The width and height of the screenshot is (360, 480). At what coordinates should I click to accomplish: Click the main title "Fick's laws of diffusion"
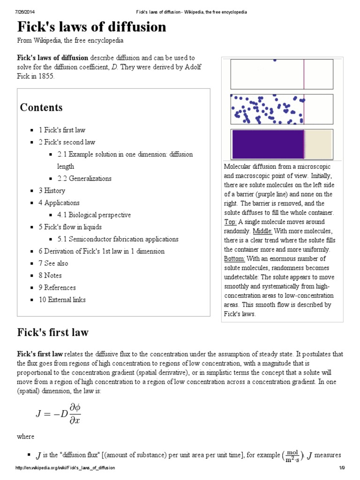[92, 27]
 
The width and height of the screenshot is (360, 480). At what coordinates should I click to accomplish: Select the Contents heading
[41, 107]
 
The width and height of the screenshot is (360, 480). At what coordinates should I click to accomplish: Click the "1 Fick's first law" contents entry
[62, 130]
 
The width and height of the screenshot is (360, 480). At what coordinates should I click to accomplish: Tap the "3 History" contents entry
[52, 191]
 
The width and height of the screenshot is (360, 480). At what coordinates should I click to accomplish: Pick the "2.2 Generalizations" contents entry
[84, 179]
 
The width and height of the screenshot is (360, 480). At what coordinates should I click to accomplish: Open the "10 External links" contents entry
[62, 300]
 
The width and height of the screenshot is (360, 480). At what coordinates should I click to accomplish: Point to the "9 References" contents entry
[57, 288]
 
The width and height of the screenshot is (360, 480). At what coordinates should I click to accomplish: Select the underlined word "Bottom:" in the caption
[234, 259]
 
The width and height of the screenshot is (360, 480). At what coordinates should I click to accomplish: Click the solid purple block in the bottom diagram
[268, 144]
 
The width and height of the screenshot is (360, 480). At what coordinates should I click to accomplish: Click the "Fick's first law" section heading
[53, 333]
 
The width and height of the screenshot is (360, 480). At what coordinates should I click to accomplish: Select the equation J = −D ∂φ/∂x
[59, 413]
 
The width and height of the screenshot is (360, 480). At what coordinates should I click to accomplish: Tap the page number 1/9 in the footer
[342, 468]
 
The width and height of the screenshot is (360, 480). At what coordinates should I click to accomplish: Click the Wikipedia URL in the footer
[65, 468]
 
